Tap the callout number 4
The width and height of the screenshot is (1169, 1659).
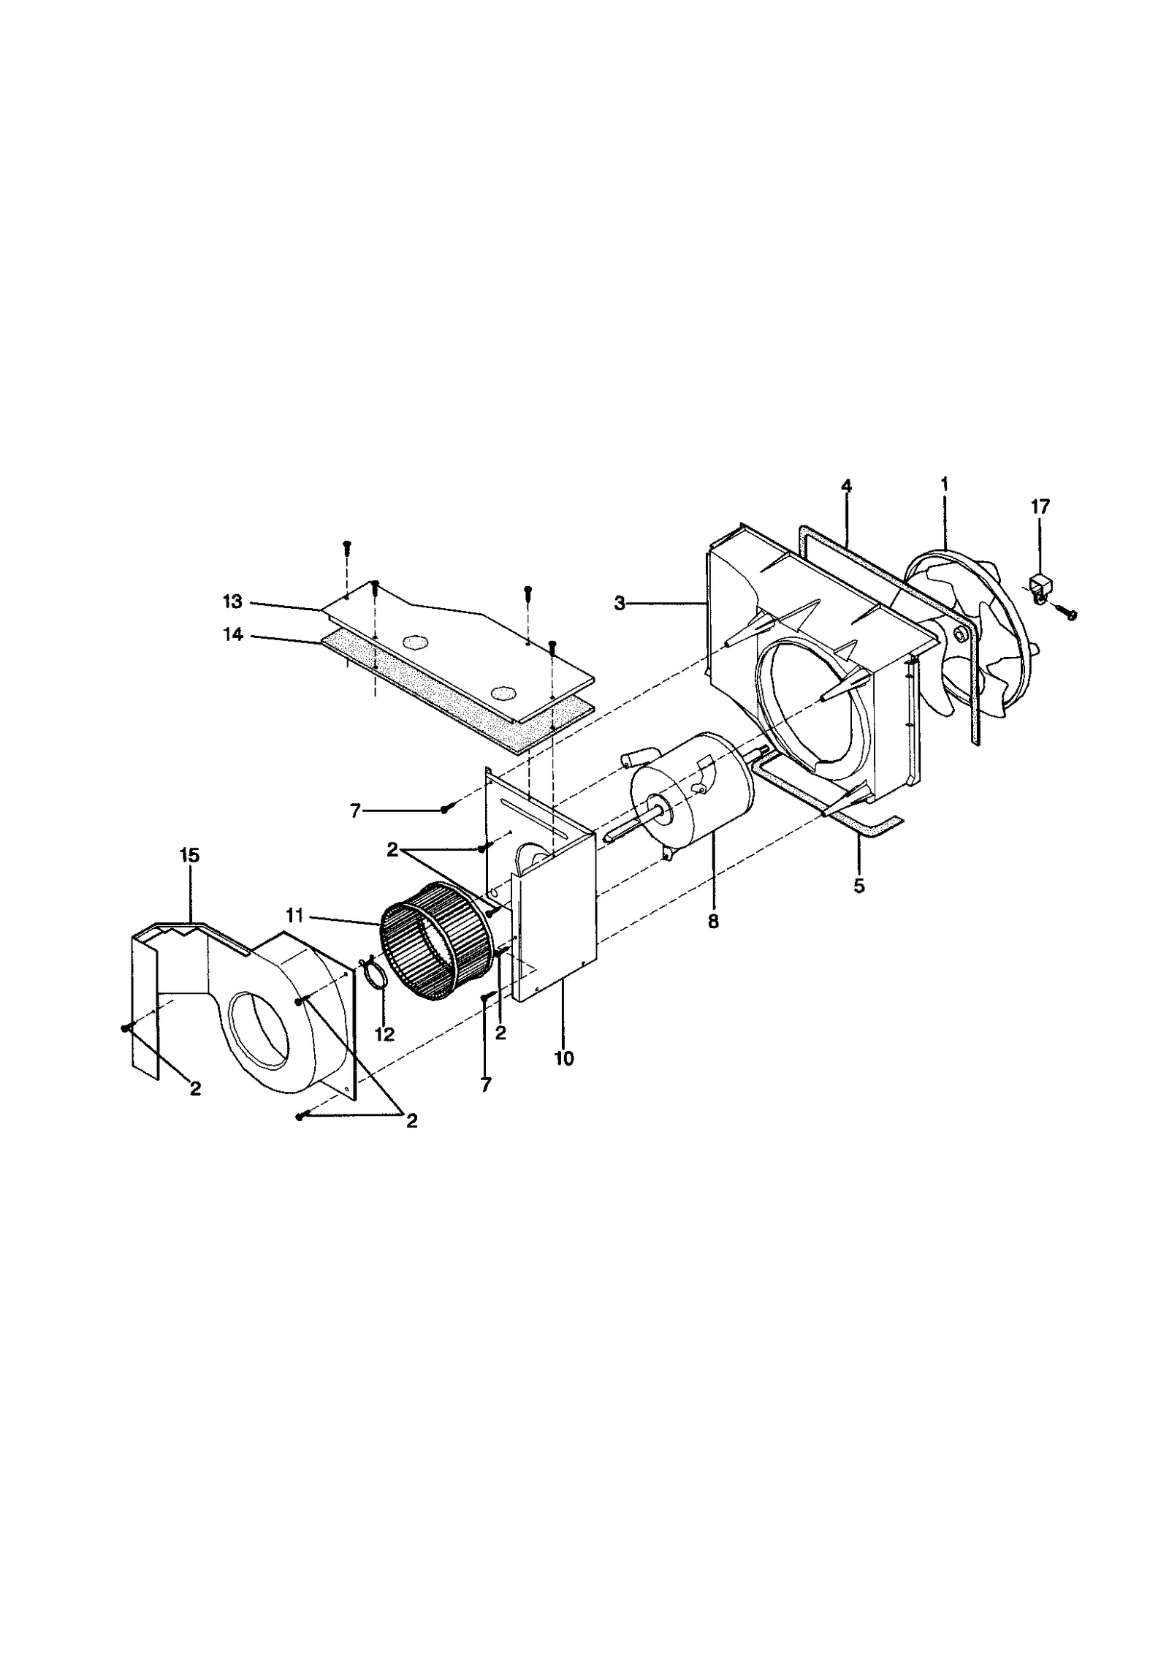846,486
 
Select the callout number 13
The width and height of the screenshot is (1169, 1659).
232,601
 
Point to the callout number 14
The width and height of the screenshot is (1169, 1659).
232,635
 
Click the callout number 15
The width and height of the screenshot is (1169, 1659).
189,855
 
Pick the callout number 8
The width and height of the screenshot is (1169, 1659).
713,922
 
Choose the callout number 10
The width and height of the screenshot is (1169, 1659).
564,1058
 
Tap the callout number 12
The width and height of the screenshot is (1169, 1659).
384,1034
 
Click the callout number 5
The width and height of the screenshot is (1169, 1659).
858,887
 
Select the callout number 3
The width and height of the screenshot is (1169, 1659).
620,604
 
